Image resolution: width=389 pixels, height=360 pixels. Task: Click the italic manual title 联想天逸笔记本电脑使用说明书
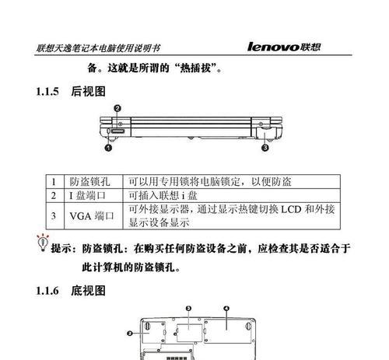(x=98, y=48)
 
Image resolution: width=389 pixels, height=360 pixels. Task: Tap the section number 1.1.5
(x=47, y=92)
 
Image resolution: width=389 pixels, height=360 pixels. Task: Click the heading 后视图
(x=88, y=92)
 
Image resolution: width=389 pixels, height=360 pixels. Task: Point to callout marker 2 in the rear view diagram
(x=117, y=108)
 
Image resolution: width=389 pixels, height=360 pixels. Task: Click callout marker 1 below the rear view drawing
(x=108, y=148)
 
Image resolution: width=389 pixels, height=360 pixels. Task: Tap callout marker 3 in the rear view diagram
(x=265, y=148)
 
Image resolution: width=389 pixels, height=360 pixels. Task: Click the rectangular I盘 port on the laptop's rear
(x=118, y=131)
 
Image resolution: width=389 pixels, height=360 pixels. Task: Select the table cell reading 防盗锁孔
(x=89, y=182)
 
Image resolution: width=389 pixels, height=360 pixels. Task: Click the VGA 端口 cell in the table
(x=92, y=216)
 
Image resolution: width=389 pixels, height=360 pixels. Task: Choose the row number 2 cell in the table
(x=54, y=195)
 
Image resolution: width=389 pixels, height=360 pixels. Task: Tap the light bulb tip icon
(x=43, y=243)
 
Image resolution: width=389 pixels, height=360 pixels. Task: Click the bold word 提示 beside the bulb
(x=61, y=248)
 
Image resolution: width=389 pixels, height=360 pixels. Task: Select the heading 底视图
(x=88, y=291)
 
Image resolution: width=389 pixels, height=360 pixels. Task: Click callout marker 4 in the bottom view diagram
(x=226, y=309)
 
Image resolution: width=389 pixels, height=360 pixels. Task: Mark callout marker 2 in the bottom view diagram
(x=130, y=334)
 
